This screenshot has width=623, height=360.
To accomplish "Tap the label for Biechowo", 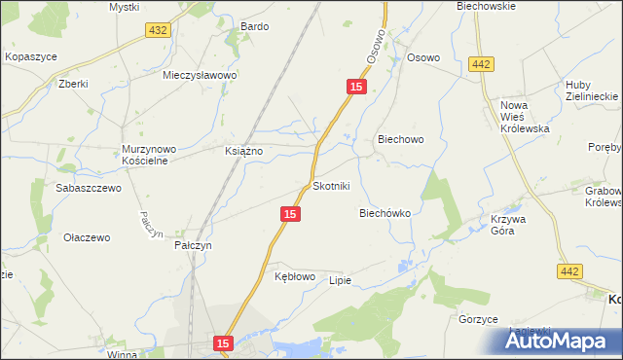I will (x=400, y=139).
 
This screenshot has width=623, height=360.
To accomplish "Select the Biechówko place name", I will (x=385, y=212).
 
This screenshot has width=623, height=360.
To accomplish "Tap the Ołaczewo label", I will (x=87, y=237).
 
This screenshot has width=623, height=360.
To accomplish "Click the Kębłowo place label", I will (x=295, y=277).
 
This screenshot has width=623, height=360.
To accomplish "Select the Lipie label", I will (x=339, y=280).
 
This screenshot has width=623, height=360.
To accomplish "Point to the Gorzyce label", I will (x=478, y=319).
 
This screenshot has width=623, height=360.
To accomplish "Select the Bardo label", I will (x=254, y=27).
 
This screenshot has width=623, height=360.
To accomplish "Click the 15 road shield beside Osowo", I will (x=356, y=88).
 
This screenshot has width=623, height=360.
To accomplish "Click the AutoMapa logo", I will (x=559, y=341).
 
